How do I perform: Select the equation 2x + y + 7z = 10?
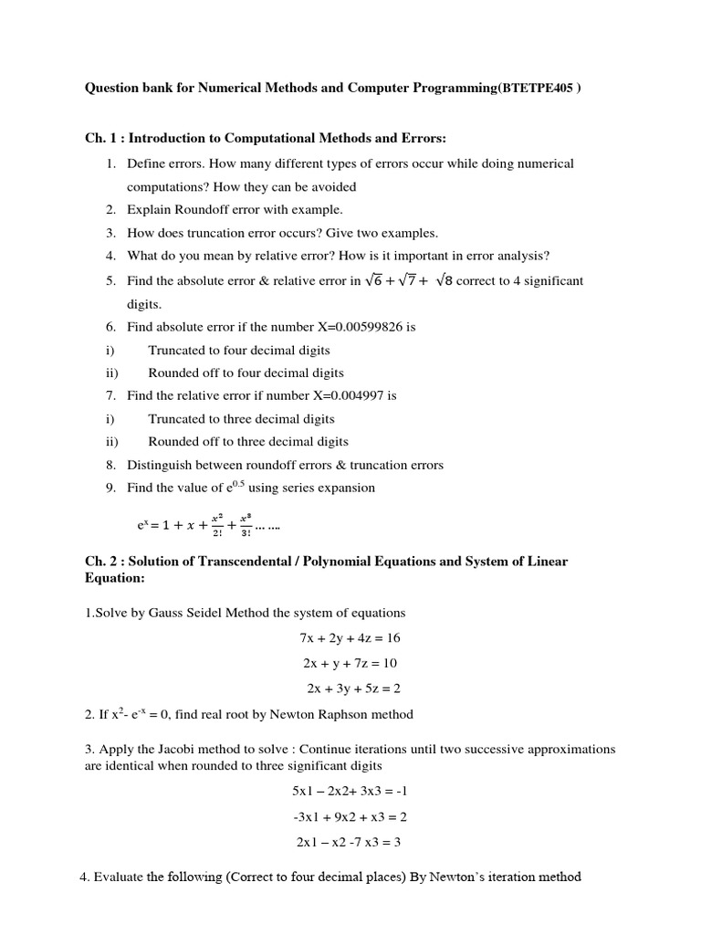(350, 663)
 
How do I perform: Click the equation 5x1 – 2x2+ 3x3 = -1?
(350, 792)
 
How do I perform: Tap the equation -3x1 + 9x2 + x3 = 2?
(350, 817)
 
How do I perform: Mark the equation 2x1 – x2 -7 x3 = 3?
(349, 843)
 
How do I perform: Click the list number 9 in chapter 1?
(110, 489)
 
